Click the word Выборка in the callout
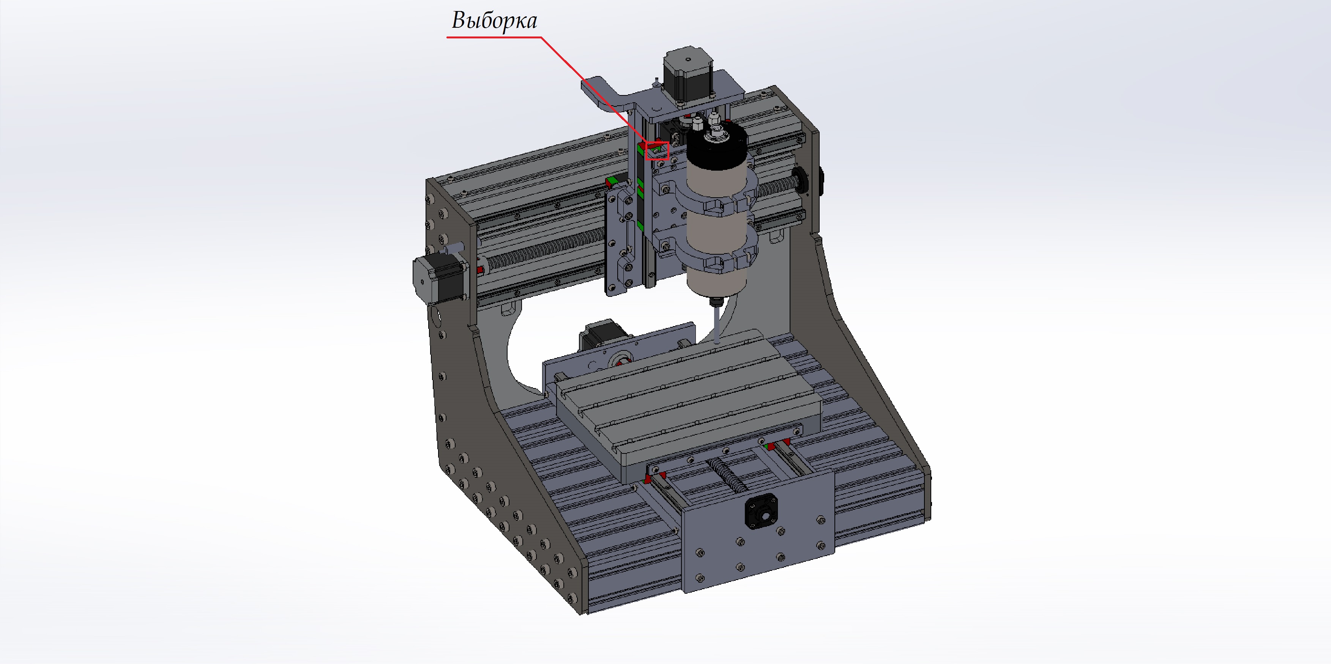pos(495,21)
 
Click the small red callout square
pos(657,151)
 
